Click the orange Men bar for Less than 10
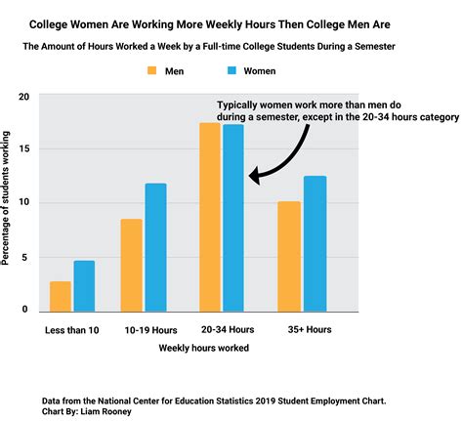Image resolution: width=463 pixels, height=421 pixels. click(60, 296)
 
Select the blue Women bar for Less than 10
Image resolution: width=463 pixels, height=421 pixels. click(84, 285)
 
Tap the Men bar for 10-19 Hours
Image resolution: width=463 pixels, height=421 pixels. click(132, 265)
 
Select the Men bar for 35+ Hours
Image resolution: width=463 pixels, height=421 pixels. click(290, 256)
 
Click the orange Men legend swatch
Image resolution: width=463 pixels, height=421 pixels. click(153, 71)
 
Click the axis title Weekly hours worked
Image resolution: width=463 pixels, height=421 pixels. click(203, 348)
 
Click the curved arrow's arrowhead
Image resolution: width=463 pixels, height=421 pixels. click(255, 176)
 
